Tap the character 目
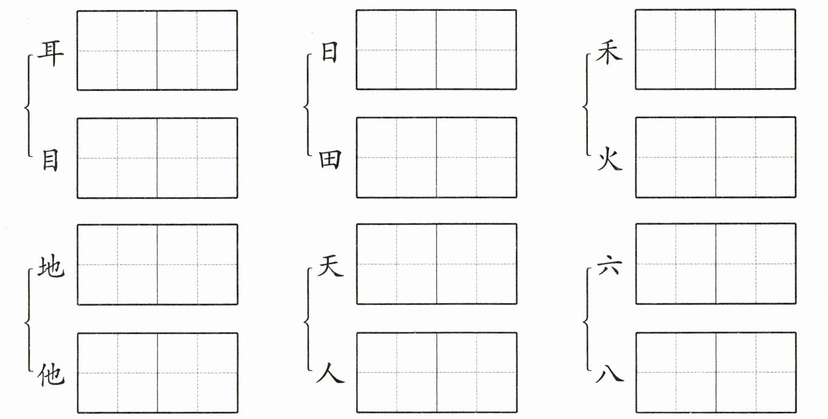50,160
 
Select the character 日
329,53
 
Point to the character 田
330,159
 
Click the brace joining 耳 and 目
27,107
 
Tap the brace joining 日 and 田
306,107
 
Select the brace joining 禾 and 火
586,107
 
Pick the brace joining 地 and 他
27,321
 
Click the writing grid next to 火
715,157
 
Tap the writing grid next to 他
157,372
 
